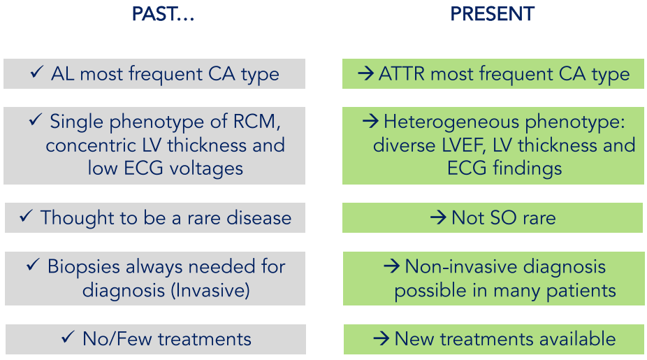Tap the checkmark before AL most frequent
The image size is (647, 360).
coord(37,72)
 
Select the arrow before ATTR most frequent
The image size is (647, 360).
coord(365,74)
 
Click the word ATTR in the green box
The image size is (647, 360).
coord(402,74)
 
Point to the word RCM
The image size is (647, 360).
coord(256,122)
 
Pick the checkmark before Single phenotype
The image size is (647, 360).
coord(36,120)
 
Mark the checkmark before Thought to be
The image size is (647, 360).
coord(26,216)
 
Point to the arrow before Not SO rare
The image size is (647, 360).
coord(438,217)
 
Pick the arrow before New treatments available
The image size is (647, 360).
coord(381,339)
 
